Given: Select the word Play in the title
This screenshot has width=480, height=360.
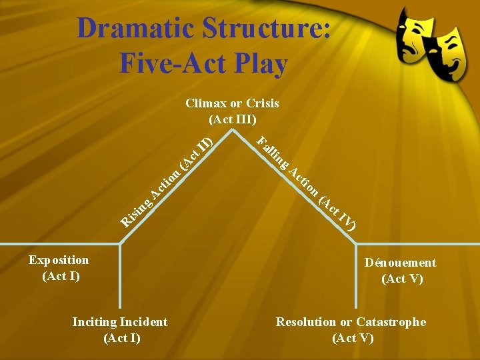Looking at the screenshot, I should point(259,64).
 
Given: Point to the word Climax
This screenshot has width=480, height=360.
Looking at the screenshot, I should point(206,103).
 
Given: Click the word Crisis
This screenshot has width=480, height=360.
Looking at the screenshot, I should point(262,103).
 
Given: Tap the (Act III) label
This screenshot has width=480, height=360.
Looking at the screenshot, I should point(232,119).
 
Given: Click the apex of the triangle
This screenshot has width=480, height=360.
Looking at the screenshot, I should point(232,129).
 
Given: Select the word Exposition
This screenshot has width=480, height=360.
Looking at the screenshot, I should point(59,260).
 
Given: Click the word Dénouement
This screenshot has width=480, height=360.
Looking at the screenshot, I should point(400,263).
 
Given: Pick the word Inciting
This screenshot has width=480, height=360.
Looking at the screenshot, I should point(94,322).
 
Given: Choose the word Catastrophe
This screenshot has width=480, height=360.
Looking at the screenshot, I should point(391,322).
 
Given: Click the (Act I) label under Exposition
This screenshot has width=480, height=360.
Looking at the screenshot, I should point(61,276).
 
